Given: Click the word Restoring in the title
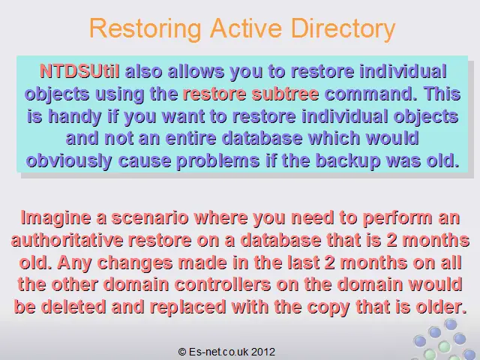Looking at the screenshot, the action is (145, 29).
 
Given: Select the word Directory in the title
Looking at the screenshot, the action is (343, 29).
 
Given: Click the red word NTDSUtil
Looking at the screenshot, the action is (79, 71).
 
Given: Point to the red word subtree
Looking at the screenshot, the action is (285, 94).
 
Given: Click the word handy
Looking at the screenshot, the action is (75, 117).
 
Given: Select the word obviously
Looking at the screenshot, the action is (69, 161).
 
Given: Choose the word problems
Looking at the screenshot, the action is (218, 161).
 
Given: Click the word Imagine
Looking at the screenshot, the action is (55, 218).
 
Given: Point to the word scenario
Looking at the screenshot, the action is (150, 218).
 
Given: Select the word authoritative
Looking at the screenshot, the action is (67, 240).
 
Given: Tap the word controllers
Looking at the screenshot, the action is (223, 285).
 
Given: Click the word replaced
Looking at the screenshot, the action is (187, 307).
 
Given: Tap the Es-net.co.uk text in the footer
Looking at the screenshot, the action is (218, 352).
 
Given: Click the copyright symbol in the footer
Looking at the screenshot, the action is (182, 352).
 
